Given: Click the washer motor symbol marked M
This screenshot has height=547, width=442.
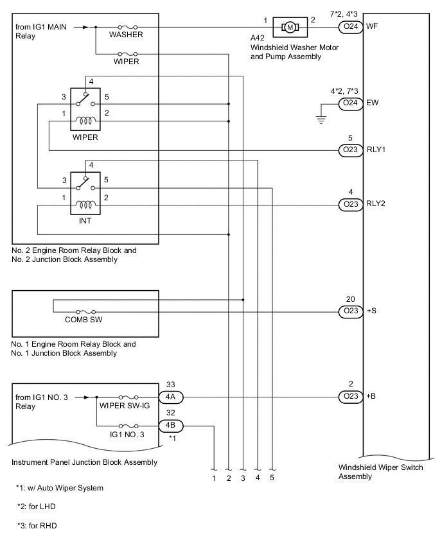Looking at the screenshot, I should (290, 27).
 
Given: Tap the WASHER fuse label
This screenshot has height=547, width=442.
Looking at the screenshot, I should (125, 34).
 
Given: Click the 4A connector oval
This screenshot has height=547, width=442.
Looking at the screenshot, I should (171, 397).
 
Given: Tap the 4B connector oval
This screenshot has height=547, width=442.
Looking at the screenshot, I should (171, 424).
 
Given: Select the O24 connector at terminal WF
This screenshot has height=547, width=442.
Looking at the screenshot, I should (350, 27).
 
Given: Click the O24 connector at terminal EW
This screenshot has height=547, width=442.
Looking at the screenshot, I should (350, 103).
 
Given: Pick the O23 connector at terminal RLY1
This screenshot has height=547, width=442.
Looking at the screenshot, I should (350, 150).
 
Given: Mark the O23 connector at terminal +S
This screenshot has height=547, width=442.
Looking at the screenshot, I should (350, 311).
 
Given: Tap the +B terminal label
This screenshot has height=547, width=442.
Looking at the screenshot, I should (371, 397).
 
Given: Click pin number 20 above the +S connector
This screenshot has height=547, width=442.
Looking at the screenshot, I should (350, 299).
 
